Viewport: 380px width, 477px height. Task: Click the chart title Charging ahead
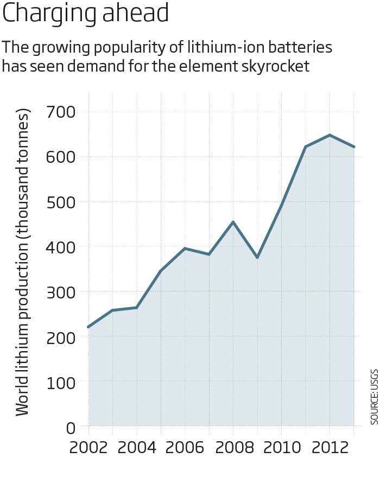pos(86,14)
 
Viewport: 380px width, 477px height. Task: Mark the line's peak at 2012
pos(330,135)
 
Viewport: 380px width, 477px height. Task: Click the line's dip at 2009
pos(257,257)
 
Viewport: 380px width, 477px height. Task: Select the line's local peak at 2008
pos(233,222)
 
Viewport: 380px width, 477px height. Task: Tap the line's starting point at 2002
pos(88,327)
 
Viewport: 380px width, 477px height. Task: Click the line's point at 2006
pos(185,249)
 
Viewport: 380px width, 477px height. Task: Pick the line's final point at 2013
pos(353,147)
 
